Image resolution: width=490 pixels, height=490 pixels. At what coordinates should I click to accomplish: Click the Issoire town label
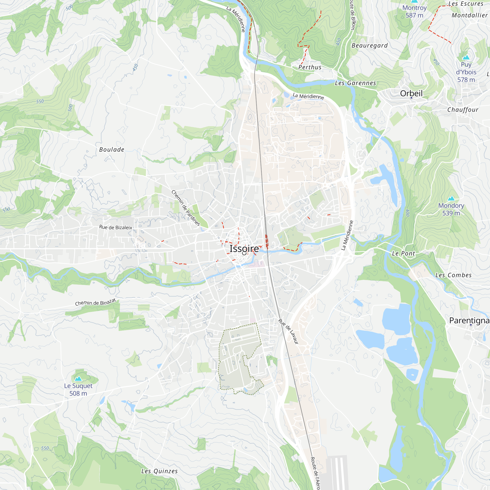tap(244, 249)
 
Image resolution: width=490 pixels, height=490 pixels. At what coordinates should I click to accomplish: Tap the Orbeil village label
tap(411, 93)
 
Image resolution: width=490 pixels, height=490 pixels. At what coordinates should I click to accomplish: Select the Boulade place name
tap(111, 150)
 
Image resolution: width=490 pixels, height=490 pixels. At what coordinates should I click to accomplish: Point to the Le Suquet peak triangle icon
tap(78, 379)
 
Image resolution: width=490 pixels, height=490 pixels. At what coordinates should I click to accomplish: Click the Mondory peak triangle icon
tap(451, 198)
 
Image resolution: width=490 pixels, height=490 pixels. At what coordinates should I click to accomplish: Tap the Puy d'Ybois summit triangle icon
tap(466, 57)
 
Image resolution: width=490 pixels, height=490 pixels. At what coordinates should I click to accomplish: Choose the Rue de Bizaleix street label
tap(116, 227)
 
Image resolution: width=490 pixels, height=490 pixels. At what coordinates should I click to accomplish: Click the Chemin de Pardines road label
tap(186, 208)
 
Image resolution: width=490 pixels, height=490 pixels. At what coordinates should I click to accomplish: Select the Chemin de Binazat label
tap(96, 302)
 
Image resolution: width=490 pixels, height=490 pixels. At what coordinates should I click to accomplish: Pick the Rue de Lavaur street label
tap(289, 331)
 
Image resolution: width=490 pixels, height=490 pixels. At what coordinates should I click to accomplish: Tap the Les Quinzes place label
tap(159, 471)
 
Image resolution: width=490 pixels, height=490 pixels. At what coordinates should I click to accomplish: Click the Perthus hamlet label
tap(310, 67)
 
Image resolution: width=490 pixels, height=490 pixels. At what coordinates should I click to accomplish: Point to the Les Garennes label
tap(355, 83)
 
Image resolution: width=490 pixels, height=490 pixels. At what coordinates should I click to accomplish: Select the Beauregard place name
tap(369, 46)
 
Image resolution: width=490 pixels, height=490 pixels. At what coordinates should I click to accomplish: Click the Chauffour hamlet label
tap(463, 110)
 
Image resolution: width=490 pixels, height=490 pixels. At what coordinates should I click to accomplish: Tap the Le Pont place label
tap(403, 253)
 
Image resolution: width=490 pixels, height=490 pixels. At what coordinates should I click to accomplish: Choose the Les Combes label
tap(453, 275)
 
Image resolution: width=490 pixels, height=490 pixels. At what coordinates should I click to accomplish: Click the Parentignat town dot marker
tap(471, 325)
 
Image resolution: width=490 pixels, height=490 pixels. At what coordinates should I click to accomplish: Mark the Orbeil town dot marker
tap(411, 98)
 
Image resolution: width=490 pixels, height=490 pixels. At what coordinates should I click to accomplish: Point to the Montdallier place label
tap(469, 15)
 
